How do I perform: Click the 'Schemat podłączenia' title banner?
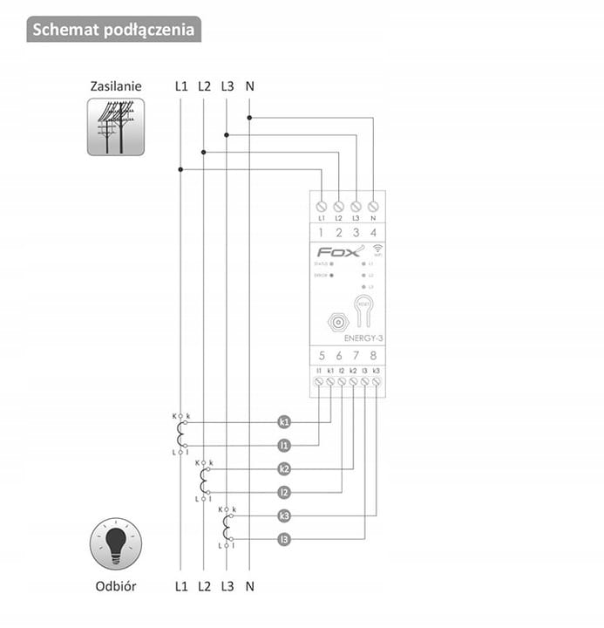click(113, 30)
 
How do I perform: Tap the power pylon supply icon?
click(115, 127)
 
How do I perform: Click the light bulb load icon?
click(115, 543)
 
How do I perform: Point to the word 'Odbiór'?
click(115, 586)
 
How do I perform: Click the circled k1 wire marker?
click(284, 422)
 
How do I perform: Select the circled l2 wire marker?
click(284, 493)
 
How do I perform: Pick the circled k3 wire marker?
click(284, 516)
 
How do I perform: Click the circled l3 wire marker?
click(284, 540)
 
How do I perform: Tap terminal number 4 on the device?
click(373, 233)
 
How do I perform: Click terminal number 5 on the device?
click(322, 355)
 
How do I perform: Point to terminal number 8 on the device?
click(373, 355)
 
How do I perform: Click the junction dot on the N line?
click(249, 116)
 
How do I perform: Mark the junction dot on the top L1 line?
click(180, 169)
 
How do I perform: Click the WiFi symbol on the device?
click(369, 250)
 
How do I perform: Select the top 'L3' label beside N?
click(227, 86)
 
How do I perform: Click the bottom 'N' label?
click(250, 586)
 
